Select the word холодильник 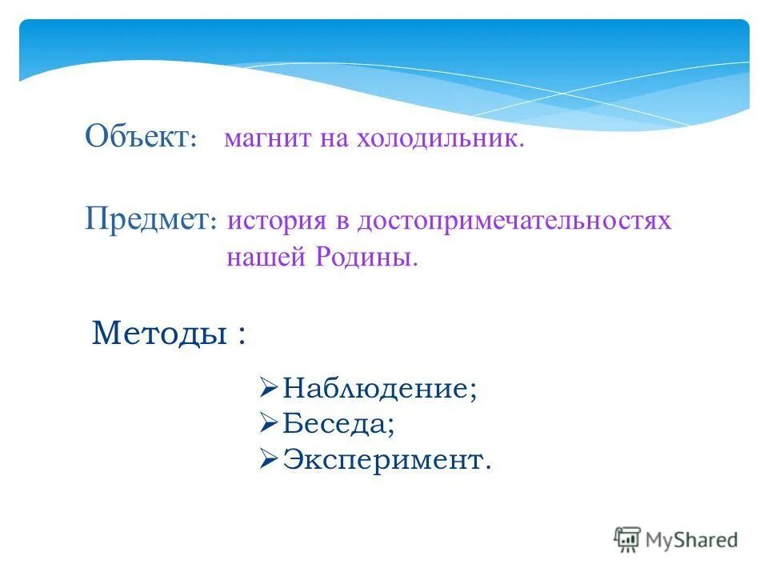coord(446,140)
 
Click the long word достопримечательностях coord(514,221)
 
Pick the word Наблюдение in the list coord(379,389)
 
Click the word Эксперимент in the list coord(386,459)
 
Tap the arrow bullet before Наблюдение coord(268,388)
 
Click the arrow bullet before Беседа coord(268,422)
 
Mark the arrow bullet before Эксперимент coord(268,458)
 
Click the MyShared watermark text coord(692,540)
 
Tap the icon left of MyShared coord(628,539)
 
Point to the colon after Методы coord(241,334)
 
